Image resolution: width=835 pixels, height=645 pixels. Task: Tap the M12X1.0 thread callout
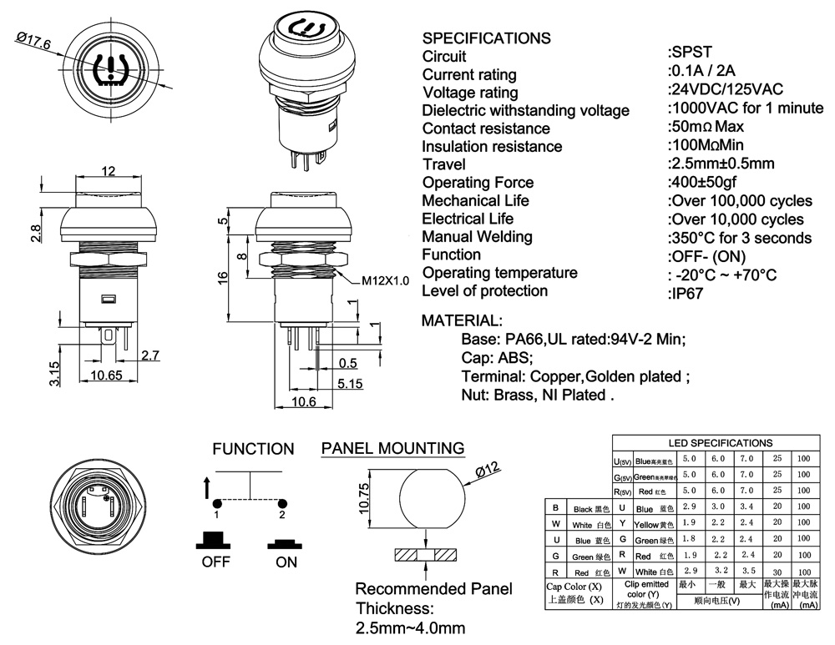click(385, 281)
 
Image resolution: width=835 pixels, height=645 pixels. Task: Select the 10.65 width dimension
click(104, 375)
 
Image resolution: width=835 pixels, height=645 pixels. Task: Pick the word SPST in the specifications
click(690, 55)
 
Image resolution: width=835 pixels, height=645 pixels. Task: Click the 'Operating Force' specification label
click(478, 183)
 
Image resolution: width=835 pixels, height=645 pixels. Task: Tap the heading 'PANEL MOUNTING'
click(392, 449)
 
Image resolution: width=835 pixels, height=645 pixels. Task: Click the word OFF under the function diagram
click(215, 562)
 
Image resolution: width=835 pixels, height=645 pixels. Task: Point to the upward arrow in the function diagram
click(206, 487)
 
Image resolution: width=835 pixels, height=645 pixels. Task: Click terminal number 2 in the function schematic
click(282, 515)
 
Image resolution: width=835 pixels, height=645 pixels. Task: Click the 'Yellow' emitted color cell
click(647, 523)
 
